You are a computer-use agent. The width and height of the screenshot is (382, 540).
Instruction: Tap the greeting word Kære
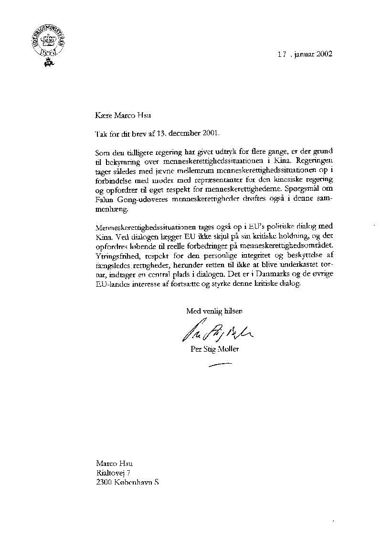click(103, 115)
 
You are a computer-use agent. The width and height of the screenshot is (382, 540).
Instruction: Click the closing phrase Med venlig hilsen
click(214, 311)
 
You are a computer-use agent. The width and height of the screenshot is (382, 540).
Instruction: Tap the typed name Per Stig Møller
click(214, 349)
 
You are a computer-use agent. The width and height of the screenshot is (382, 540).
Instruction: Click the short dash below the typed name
click(220, 365)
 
